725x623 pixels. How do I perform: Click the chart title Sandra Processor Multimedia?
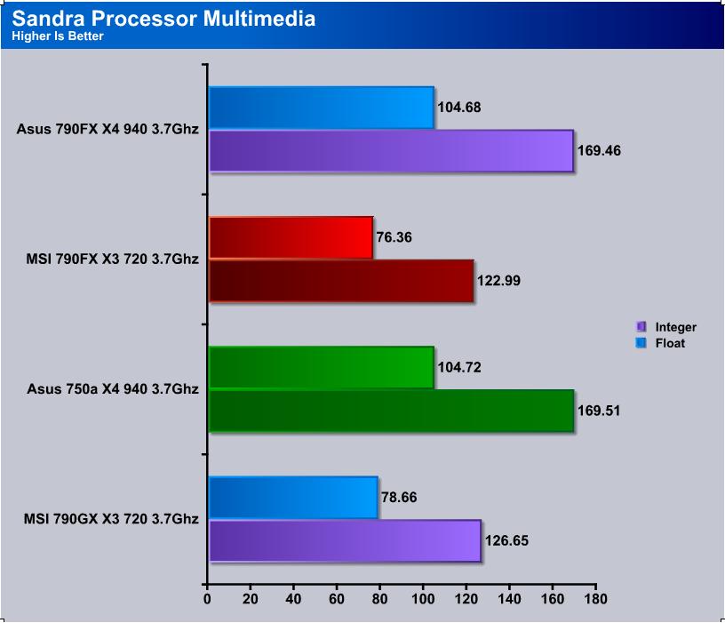[163, 19]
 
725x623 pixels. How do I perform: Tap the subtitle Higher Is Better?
[58, 36]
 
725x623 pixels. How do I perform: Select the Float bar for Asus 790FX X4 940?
[322, 108]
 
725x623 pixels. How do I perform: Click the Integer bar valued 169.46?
[391, 151]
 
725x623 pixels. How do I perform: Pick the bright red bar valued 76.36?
[291, 237]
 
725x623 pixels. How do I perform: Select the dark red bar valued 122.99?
[341, 281]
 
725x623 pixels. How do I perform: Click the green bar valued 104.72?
[322, 367]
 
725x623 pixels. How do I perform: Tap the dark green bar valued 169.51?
[391, 411]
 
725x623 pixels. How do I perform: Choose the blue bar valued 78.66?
[293, 498]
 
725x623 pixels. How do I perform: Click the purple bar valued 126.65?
[345, 540]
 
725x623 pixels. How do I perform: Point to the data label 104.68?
[459, 108]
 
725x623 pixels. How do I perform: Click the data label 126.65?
[506, 540]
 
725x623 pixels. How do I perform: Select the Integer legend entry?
[666, 327]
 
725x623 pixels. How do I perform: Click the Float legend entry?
[661, 343]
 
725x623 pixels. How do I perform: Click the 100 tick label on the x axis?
[423, 599]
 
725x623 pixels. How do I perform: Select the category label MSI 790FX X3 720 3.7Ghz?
[112, 259]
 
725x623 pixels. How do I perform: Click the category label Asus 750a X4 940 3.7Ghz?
[113, 389]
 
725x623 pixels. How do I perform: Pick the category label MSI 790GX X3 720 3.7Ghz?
[111, 519]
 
